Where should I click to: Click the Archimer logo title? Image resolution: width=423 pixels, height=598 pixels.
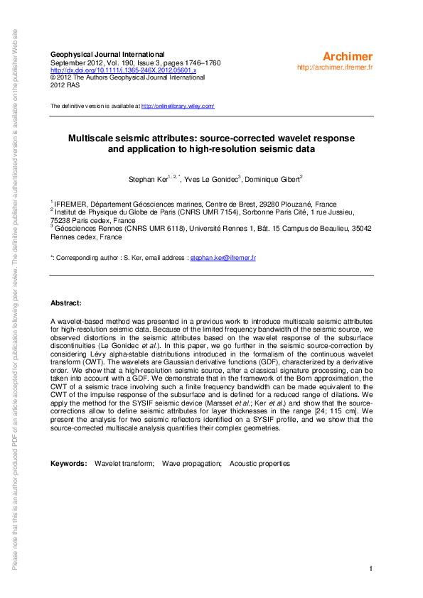click(348, 56)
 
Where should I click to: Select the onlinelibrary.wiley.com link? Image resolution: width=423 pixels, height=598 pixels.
click(178, 106)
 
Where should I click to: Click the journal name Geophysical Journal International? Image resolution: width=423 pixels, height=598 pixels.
click(107, 55)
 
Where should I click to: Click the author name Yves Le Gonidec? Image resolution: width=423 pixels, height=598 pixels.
click(210, 180)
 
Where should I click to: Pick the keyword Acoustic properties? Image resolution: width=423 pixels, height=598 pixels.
click(259, 464)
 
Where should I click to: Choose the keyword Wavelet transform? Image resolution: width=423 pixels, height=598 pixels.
click(124, 464)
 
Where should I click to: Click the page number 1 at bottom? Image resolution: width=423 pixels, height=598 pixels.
click(371, 569)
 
